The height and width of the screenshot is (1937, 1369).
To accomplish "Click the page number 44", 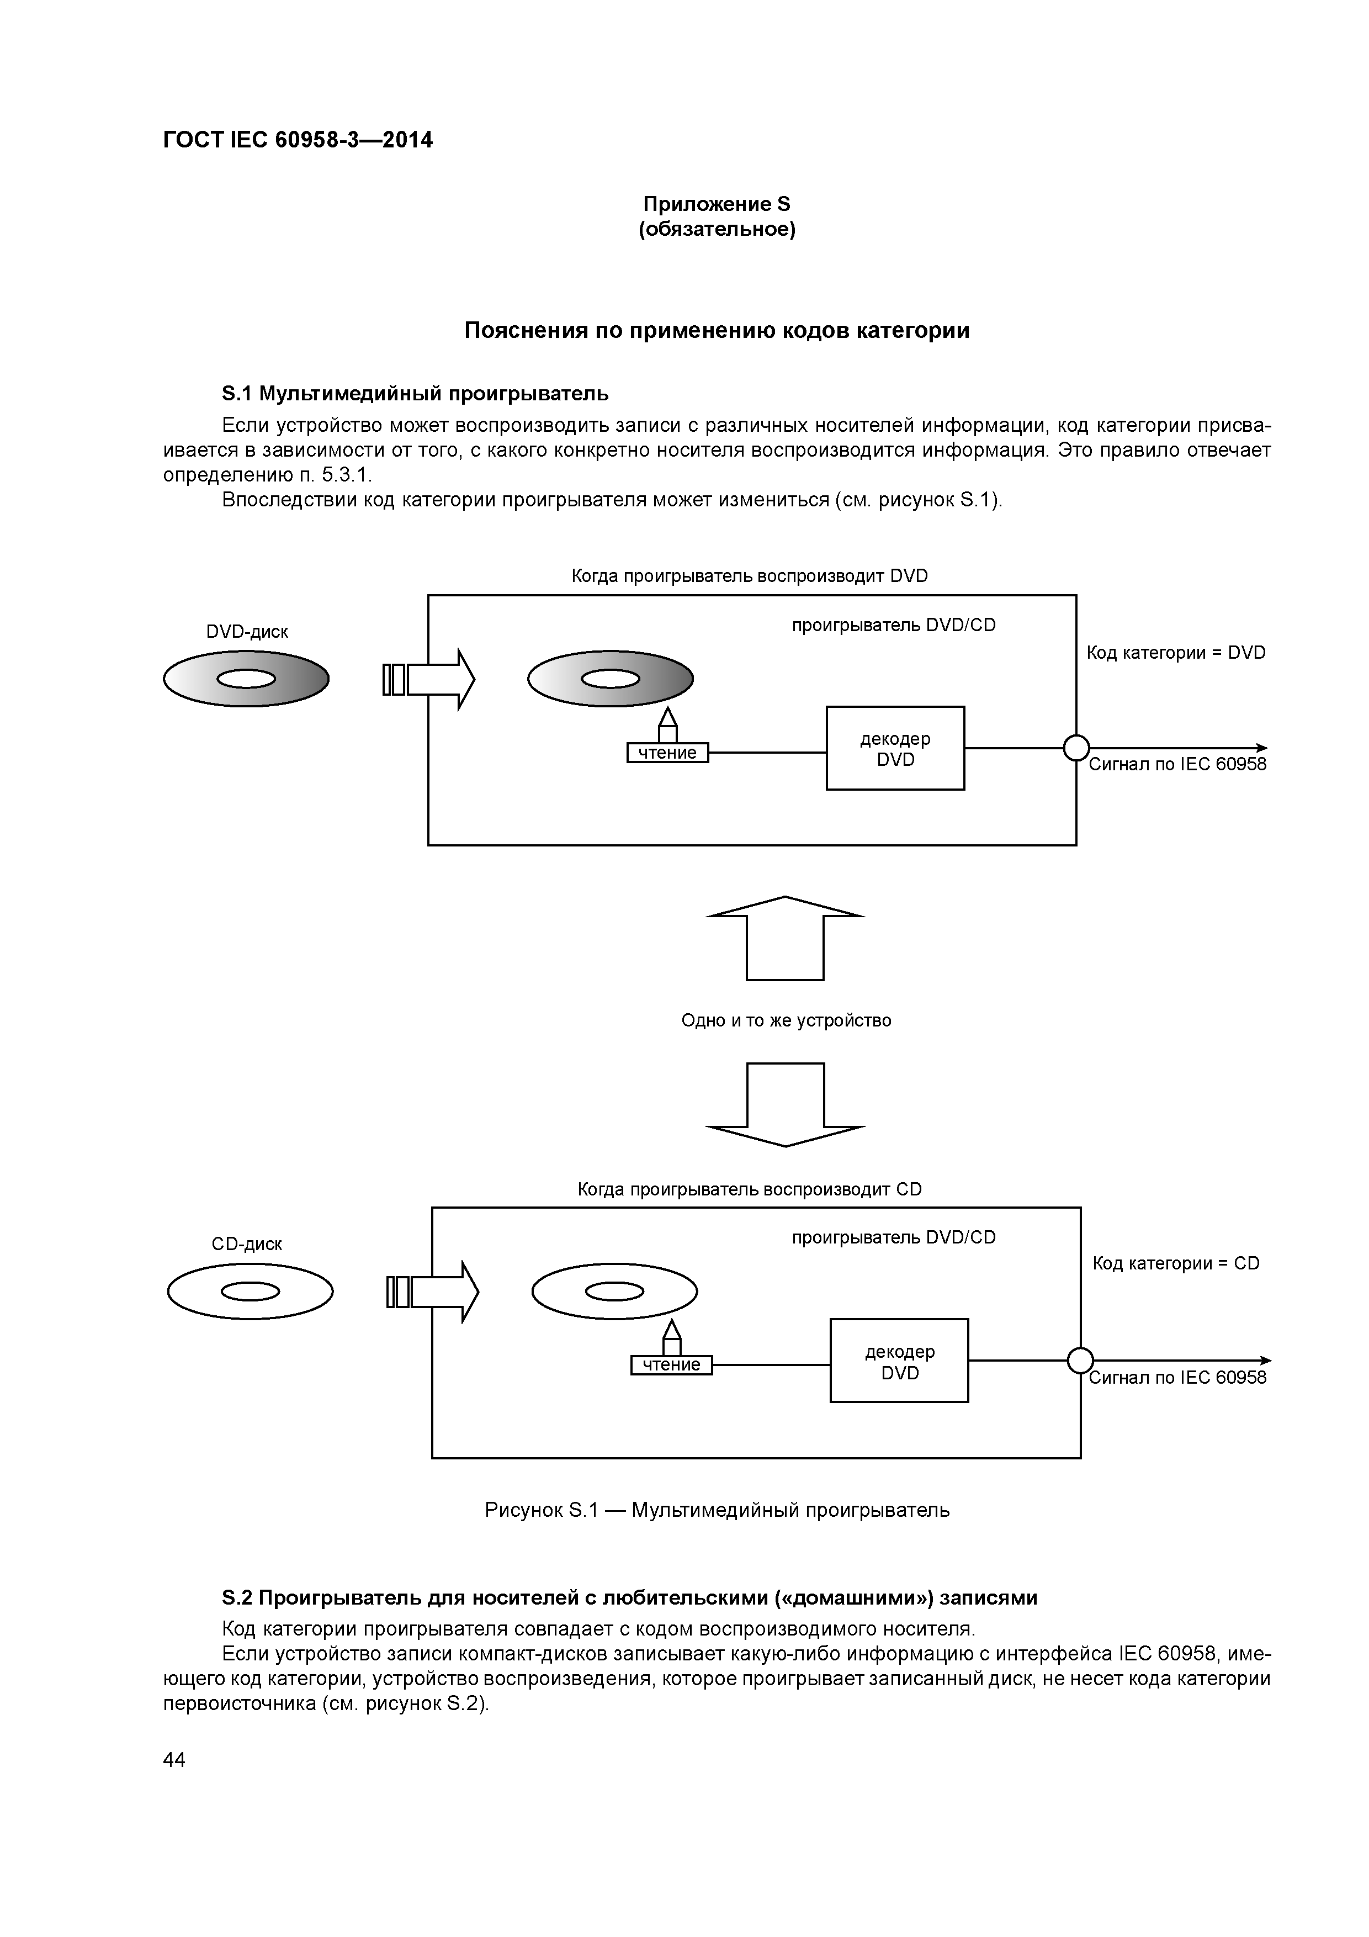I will coord(174,1760).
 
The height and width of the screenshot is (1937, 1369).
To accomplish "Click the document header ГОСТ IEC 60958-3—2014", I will coord(298,140).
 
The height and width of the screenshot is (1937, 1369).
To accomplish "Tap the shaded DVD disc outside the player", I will coord(246,679).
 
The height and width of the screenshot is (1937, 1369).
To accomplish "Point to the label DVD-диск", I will coord(247,632).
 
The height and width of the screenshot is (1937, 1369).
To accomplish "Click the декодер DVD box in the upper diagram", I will coord(895,748).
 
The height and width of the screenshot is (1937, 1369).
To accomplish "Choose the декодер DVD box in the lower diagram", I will coord(899,1361).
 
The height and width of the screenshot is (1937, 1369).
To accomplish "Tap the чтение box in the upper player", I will coord(667,753).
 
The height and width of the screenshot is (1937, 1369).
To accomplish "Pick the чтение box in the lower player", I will coord(671,1365).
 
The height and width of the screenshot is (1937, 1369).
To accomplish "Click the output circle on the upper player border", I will coord(1076,748).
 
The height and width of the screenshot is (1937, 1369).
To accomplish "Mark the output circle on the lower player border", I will coord(1080,1361).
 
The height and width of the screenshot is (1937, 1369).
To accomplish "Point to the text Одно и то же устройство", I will coord(786,1020).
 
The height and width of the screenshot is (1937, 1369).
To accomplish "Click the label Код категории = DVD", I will coord(1175,652).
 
